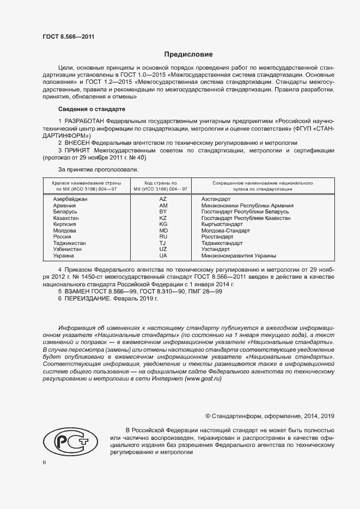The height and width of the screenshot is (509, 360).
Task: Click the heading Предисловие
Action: click(189, 55)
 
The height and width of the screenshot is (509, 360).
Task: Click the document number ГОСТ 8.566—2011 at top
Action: click(68, 37)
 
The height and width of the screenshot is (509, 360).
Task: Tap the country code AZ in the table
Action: click(163, 199)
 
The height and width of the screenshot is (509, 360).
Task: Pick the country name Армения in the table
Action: click(64, 206)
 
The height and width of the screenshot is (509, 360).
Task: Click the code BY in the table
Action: click(163, 212)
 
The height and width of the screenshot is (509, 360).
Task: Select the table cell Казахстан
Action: click(66, 218)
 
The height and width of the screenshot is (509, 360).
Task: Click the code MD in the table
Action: click(163, 230)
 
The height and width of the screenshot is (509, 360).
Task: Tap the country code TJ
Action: click(163, 243)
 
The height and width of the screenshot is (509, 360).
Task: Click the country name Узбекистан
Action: click(67, 249)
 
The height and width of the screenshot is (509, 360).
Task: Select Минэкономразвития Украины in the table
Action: click(239, 255)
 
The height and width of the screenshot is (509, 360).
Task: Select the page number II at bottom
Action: click(44, 462)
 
